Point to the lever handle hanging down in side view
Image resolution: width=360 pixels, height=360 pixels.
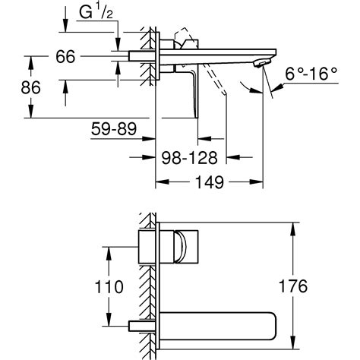[x=191, y=91]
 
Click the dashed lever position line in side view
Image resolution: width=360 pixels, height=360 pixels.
[x=216, y=84]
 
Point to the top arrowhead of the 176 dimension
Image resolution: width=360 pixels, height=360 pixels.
[x=294, y=226]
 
